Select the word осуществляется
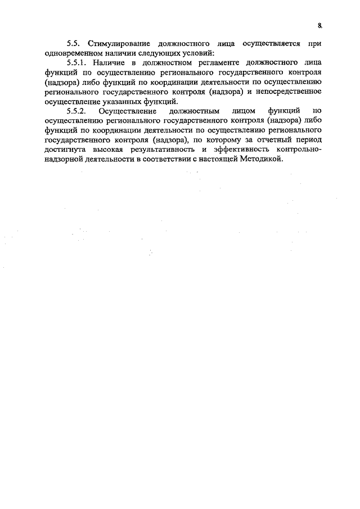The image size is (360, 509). (267, 43)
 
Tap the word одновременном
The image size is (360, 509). (66, 53)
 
